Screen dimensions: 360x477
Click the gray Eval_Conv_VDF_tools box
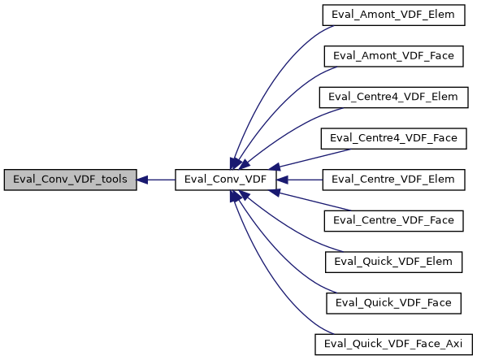69,180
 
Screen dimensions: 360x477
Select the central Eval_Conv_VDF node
226,180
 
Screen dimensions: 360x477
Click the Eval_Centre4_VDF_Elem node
394,97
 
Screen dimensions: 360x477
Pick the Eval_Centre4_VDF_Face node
394,138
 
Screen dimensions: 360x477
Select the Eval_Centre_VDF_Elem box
394,180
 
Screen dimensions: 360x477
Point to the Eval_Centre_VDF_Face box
394,220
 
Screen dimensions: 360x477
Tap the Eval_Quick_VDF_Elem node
394,262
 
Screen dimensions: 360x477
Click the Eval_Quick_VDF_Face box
394,302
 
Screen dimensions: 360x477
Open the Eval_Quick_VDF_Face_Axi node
394,344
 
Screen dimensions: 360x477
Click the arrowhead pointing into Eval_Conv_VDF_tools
142,180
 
